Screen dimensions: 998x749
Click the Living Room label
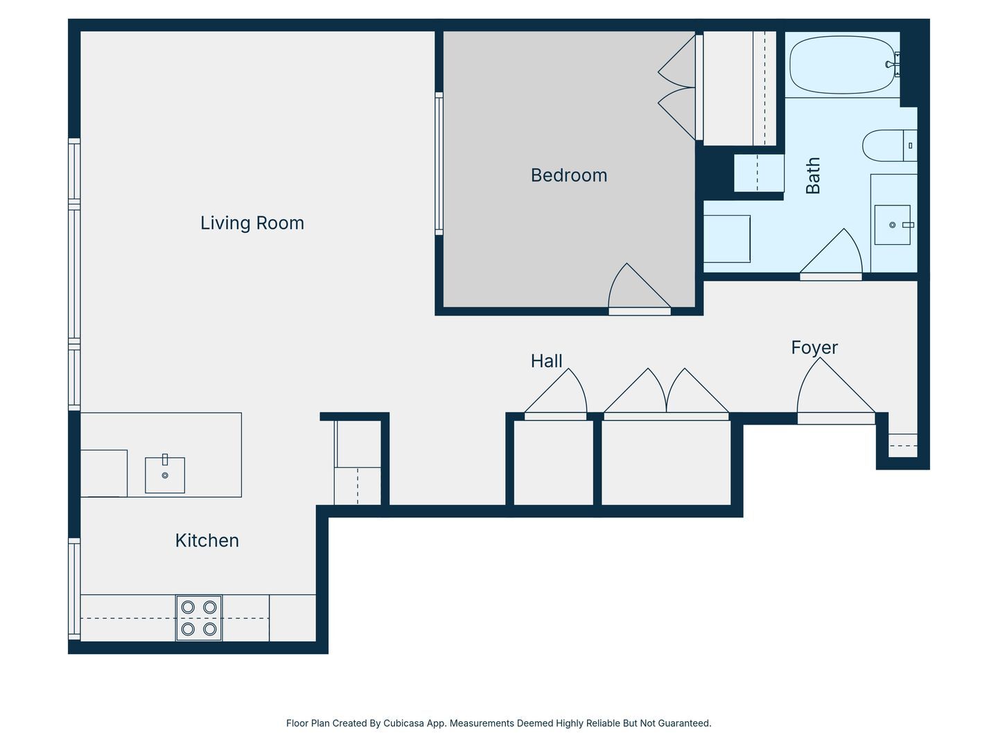pos(252,223)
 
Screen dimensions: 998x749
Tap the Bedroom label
pos(569,175)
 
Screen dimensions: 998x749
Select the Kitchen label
pos(207,540)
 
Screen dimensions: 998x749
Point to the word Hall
pos(547,361)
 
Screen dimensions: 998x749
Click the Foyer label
pos(814,348)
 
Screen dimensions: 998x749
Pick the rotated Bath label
pos(813,175)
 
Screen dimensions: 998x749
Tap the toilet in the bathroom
pos(890,146)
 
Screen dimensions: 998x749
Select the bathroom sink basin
pos(893,225)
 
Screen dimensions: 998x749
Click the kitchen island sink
pos(164,474)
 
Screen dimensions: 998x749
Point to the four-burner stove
pos(199,618)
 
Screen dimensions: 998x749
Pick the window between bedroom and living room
pos(439,164)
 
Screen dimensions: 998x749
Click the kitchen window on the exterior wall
pos(74,589)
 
